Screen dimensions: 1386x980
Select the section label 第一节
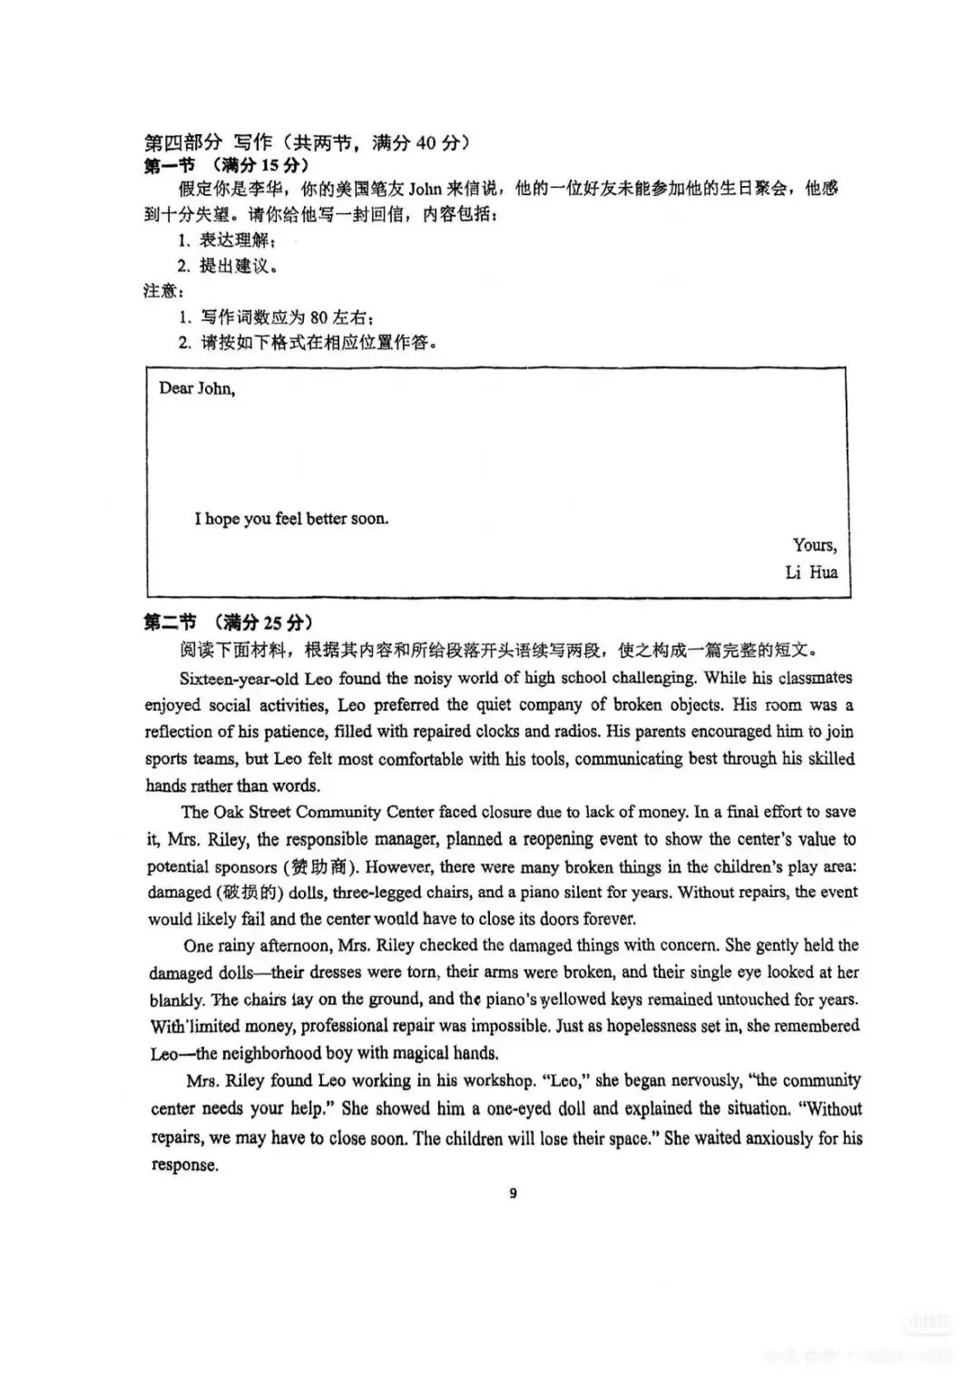pyautogui.click(x=170, y=166)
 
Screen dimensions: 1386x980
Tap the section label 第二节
pyautogui.click(x=170, y=622)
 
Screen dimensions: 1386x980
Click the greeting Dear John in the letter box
pyautogui.click(x=197, y=388)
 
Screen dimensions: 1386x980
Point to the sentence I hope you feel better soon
pyautogui.click(x=291, y=519)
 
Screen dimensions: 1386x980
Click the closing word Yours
pyautogui.click(x=814, y=545)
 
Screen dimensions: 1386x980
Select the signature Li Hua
pyautogui.click(x=811, y=572)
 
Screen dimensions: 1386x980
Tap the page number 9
pyautogui.click(x=514, y=1193)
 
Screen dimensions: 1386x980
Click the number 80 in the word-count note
pyautogui.click(x=318, y=317)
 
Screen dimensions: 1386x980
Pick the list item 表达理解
pyautogui.click(x=236, y=240)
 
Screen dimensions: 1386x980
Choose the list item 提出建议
pyautogui.click(x=236, y=266)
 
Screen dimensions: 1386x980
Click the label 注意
pyautogui.click(x=163, y=291)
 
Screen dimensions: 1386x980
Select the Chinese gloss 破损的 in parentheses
pyautogui.click(x=215, y=893)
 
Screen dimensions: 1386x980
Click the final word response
pyautogui.click(x=184, y=1166)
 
